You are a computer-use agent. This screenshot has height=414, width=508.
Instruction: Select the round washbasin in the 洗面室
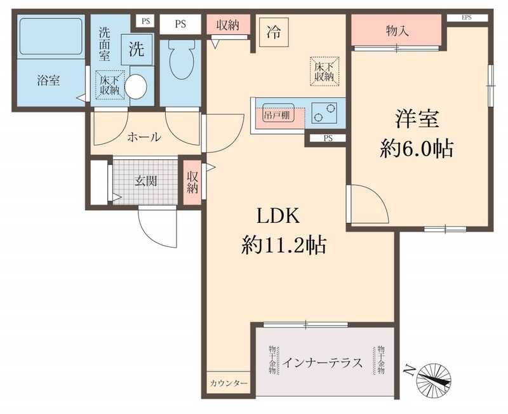pos(137,86)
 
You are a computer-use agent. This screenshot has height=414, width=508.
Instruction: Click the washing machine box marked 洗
pos(137,50)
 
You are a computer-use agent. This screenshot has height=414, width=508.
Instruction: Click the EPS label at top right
pos(467,17)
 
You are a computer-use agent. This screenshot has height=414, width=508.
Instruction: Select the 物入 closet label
pos(397,30)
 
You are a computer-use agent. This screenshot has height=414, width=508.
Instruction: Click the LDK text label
pos(277,216)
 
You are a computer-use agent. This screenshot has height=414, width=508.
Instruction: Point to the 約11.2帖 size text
pos(283,244)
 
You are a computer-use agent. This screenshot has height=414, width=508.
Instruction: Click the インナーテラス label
pos(323,363)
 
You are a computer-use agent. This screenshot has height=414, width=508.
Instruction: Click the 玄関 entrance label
pos(145,180)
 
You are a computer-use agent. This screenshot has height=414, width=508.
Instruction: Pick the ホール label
pos(144,137)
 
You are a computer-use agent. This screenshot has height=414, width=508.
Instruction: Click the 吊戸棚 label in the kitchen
pos(276,117)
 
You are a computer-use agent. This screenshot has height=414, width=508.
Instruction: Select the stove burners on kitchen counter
pos(327,113)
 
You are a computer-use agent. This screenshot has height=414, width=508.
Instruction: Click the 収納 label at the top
pos(227,25)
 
